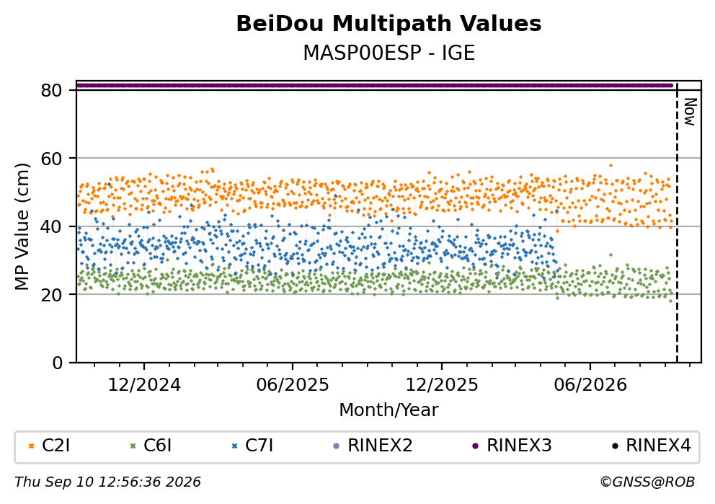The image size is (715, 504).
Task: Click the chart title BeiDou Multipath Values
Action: pyautogui.click(x=388, y=24)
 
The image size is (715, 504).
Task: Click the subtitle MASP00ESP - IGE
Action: pyautogui.click(x=389, y=53)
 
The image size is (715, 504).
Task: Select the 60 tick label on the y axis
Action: pyautogui.click(x=51, y=159)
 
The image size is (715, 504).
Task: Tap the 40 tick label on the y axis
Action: pyautogui.click(x=51, y=226)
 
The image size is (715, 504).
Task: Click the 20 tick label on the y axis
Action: pyautogui.click(x=51, y=295)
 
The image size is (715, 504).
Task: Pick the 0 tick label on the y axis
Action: pyautogui.click(x=57, y=363)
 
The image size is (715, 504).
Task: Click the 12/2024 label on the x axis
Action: pyautogui.click(x=144, y=385)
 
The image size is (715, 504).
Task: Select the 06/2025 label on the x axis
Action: pyautogui.click(x=293, y=385)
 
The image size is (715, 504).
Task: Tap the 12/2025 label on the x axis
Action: pyautogui.click(x=442, y=385)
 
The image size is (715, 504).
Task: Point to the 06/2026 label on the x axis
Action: pyautogui.click(x=590, y=385)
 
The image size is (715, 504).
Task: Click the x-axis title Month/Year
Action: pyautogui.click(x=389, y=410)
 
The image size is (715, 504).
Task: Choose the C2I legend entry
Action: pyautogui.click(x=49, y=446)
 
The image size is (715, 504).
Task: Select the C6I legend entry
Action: pyautogui.click(x=151, y=446)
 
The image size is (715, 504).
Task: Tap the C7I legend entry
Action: pyautogui.click(x=252, y=446)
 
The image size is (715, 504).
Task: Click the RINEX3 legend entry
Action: pyautogui.click(x=512, y=446)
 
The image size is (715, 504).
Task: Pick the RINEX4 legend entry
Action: pyautogui.click(x=651, y=446)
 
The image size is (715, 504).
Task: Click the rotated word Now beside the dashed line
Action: pyautogui.click(x=690, y=112)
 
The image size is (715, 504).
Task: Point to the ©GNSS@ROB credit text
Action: pyautogui.click(x=647, y=482)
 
